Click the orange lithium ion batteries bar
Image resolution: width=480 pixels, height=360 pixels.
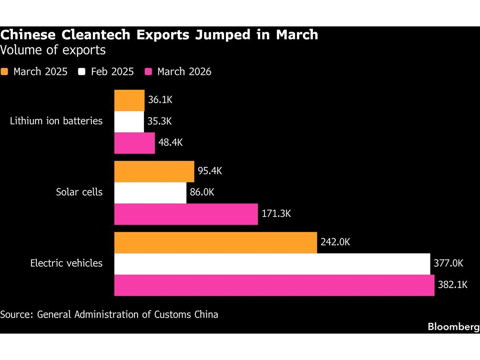[129, 100]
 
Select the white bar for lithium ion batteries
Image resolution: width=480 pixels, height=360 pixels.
[129, 122]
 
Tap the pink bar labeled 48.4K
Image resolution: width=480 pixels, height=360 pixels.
[134, 143]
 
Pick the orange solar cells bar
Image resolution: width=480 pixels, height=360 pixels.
[154, 172]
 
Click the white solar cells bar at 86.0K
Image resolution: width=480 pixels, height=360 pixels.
[150, 193]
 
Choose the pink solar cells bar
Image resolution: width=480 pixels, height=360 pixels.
[186, 214]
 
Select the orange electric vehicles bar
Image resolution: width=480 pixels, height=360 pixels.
[216, 243]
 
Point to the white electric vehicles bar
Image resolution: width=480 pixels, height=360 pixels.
[272, 264]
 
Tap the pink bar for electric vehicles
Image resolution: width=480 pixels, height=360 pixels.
[274, 285]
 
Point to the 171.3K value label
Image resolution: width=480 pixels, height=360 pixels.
[276, 214]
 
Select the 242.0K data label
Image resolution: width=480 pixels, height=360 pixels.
[335, 242]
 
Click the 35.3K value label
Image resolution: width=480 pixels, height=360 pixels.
[159, 121]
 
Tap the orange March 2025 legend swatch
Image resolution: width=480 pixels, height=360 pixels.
[4, 72]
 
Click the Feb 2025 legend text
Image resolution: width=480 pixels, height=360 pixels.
[112, 72]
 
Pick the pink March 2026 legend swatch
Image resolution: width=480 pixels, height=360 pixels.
[148, 72]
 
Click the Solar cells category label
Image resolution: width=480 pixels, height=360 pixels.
[79, 192]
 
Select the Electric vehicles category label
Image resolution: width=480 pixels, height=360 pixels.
[66, 263]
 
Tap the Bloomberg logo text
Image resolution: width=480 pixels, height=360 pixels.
[453, 326]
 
